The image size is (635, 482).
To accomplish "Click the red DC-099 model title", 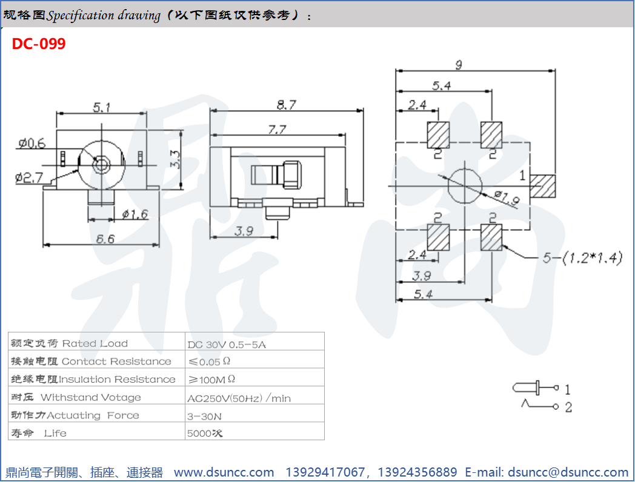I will click(38, 44).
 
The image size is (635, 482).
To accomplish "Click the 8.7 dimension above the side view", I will click(286, 105).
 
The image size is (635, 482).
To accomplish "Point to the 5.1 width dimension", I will click(101, 107).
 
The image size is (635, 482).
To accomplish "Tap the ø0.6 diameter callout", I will click(32, 144).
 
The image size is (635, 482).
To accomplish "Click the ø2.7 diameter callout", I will click(30, 177).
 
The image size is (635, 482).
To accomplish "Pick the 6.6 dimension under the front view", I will click(105, 239).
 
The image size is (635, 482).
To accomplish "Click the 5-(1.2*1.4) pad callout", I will click(582, 258).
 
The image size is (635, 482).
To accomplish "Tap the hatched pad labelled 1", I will click(544, 187).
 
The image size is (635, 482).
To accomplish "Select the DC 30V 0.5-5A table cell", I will click(227, 344).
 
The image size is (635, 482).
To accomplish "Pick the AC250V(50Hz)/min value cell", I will click(239, 398).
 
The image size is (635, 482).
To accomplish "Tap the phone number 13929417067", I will click(325, 472).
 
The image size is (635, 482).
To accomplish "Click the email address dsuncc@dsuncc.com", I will click(568, 472).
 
